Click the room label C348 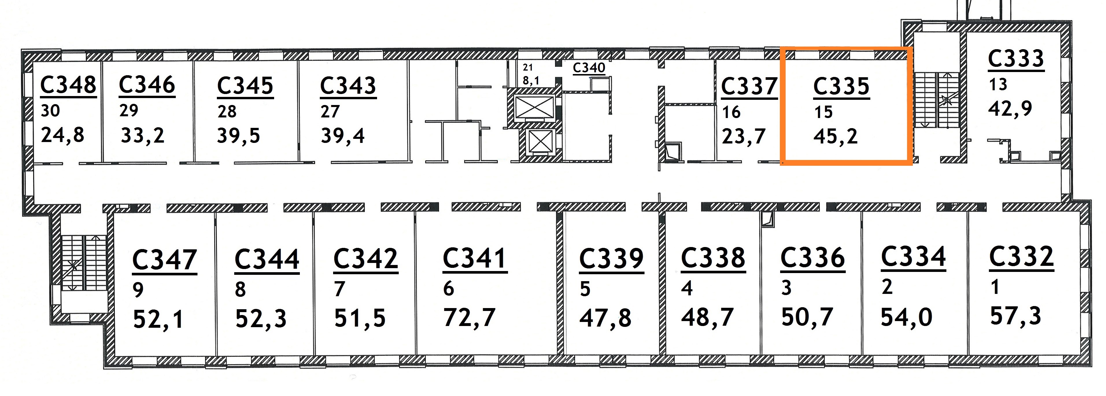pyautogui.click(x=68, y=85)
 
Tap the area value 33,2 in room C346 pyautogui.click(x=143, y=136)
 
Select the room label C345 pyautogui.click(x=245, y=85)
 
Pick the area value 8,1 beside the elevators pyautogui.click(x=531, y=80)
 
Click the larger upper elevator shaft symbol pyautogui.click(x=534, y=107)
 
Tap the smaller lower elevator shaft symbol pyautogui.click(x=540, y=141)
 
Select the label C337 pyautogui.click(x=749, y=86)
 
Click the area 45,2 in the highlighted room pyautogui.click(x=836, y=137)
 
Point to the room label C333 pyautogui.click(x=1016, y=59)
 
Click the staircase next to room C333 pyautogui.click(x=936, y=100)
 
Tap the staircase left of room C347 pyautogui.click(x=84, y=262)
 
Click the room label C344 pyautogui.click(x=267, y=259)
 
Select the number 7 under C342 pyautogui.click(x=339, y=289)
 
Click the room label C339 pyautogui.click(x=611, y=259)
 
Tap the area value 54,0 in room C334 pyautogui.click(x=906, y=317)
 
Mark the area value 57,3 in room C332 pyautogui.click(x=1015, y=316)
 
